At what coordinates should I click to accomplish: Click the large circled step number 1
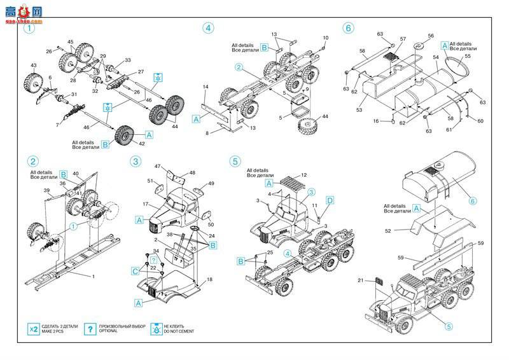[29, 28]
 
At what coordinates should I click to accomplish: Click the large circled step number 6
[347, 28]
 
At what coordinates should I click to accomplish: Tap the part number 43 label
[33, 66]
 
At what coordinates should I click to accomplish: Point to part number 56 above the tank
[430, 36]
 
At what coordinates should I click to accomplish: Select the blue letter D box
[330, 201]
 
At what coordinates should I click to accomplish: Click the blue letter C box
[135, 271]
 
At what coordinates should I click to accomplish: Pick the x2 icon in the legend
[33, 329]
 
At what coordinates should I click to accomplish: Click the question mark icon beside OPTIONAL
[92, 329]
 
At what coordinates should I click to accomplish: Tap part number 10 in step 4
[325, 38]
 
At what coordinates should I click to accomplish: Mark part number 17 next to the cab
[145, 204]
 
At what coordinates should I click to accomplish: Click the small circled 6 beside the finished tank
[472, 201]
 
